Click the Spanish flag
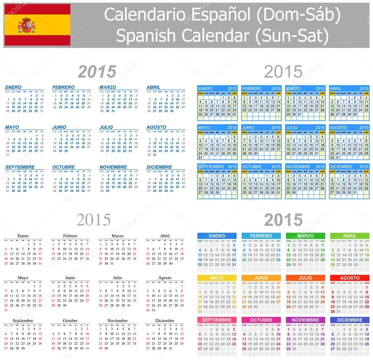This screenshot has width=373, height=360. point(37,25)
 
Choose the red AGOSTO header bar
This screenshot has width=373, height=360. point(349,278)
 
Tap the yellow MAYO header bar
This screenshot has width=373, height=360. point(217,278)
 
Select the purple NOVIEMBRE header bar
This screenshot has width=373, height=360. point(305,320)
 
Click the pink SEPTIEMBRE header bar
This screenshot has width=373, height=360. point(217,320)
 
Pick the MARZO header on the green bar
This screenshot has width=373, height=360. point(305,236)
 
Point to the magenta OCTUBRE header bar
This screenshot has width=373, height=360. point(261,320)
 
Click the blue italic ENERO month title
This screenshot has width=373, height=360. point(13,87)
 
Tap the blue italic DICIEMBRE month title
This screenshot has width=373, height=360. point(159,167)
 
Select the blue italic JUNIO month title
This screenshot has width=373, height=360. point(59,127)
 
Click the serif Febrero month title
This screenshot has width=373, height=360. point(70,236)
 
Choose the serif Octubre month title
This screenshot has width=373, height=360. point(70,321)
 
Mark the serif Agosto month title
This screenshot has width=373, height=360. point(165,278)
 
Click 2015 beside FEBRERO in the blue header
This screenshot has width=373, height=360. point(276,88)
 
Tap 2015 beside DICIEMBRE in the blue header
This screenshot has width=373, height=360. point(364,167)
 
